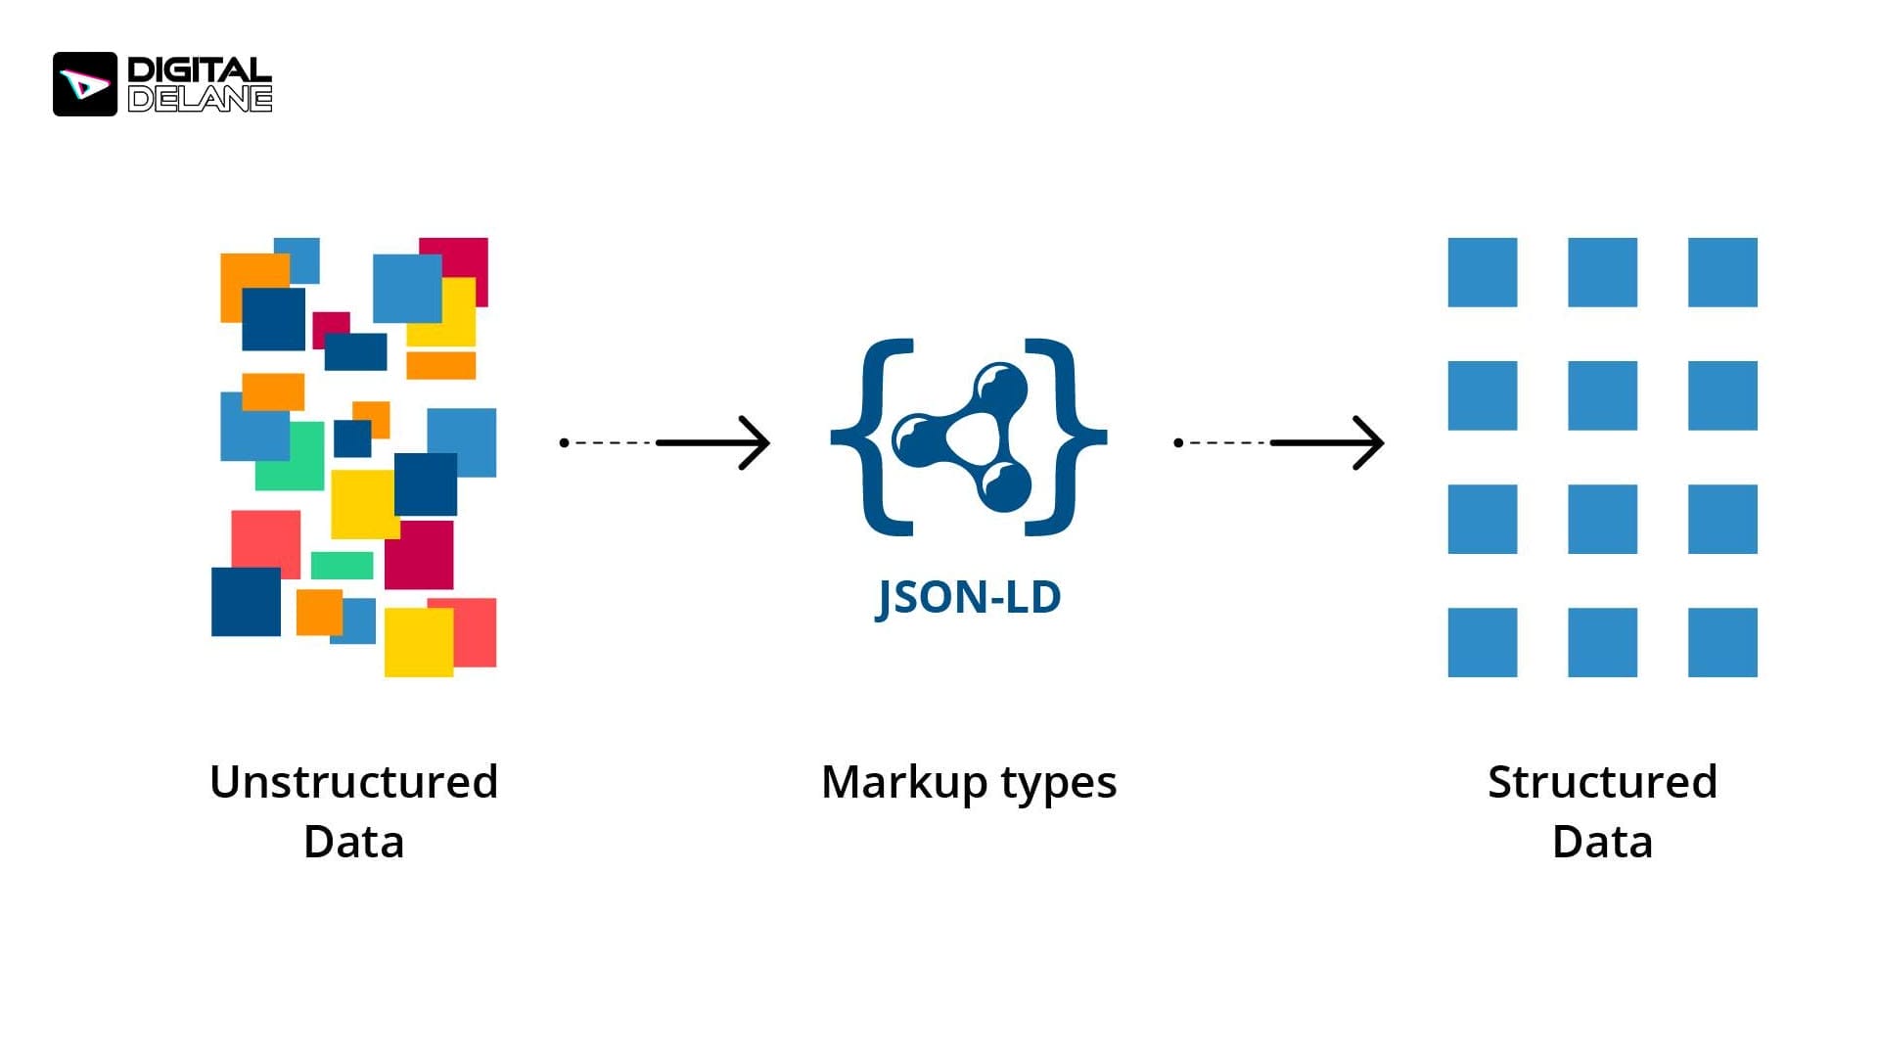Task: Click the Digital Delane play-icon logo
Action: click(x=85, y=84)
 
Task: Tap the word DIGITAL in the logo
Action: click(x=199, y=69)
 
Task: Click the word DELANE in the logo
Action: click(x=200, y=99)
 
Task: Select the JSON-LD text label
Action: click(x=968, y=597)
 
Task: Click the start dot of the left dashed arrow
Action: click(x=564, y=442)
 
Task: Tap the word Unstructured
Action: click(x=353, y=782)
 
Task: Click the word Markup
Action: click(x=904, y=782)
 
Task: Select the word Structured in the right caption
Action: click(x=1602, y=782)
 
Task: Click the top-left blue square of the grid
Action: click(x=1482, y=272)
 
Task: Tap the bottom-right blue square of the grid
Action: click(x=1721, y=642)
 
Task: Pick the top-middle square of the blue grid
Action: click(x=1602, y=272)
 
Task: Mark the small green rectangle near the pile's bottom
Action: click(x=342, y=565)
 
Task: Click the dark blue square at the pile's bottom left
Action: click(x=246, y=602)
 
